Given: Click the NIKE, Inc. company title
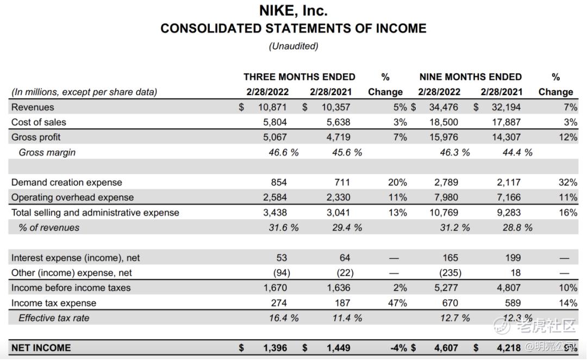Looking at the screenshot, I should coord(293,10).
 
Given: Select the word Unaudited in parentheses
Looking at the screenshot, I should coord(293,46).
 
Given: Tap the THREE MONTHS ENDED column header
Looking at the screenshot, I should coord(299,77).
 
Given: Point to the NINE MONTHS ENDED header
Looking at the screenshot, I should coord(470,77).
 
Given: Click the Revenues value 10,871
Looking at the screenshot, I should coord(272,107).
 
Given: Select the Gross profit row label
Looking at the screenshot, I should coord(36,138).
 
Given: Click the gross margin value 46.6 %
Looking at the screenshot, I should coord(283,153).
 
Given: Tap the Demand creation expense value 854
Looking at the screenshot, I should coord(278,183).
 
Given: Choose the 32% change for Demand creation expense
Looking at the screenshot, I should coord(568,183).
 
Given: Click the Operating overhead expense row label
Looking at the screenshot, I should coord(72,197).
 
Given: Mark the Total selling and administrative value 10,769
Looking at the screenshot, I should coord(444,213).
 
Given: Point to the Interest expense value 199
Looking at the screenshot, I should coord(513,258).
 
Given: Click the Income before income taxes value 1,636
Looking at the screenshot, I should coord(338,288).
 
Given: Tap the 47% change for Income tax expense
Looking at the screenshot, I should coord(398,303).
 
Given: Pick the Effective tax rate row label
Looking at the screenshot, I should coord(54,318).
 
